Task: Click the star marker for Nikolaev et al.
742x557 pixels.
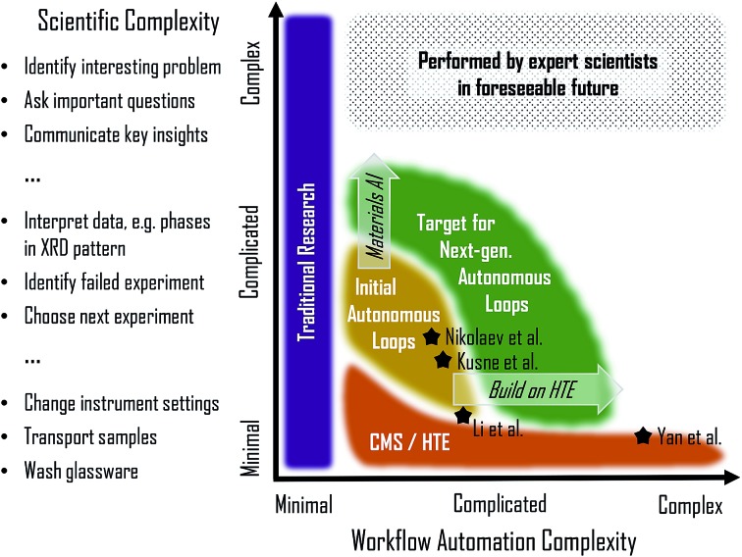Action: pos(431,336)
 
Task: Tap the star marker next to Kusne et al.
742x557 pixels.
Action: pos(444,361)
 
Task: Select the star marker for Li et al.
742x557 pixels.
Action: pos(463,416)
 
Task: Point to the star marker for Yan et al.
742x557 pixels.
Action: pos(644,435)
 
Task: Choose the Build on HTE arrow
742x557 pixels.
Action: pos(536,389)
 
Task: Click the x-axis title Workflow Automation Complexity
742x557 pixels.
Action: pos(485,540)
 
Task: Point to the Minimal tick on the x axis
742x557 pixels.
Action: pos(303,504)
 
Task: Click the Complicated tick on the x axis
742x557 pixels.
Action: pos(500,504)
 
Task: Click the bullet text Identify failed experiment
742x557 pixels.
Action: pos(115,282)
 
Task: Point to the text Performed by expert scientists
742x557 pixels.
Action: pos(538,61)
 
